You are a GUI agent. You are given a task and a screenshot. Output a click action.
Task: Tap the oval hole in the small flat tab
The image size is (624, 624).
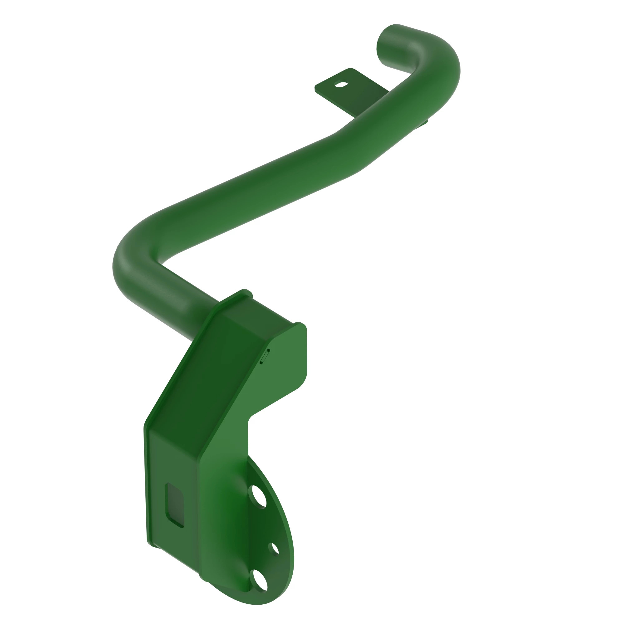click(x=341, y=85)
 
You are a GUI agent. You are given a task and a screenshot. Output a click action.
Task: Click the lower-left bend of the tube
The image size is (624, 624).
click(x=132, y=268)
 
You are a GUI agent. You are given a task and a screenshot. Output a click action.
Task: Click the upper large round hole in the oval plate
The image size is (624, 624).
click(x=257, y=496)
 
